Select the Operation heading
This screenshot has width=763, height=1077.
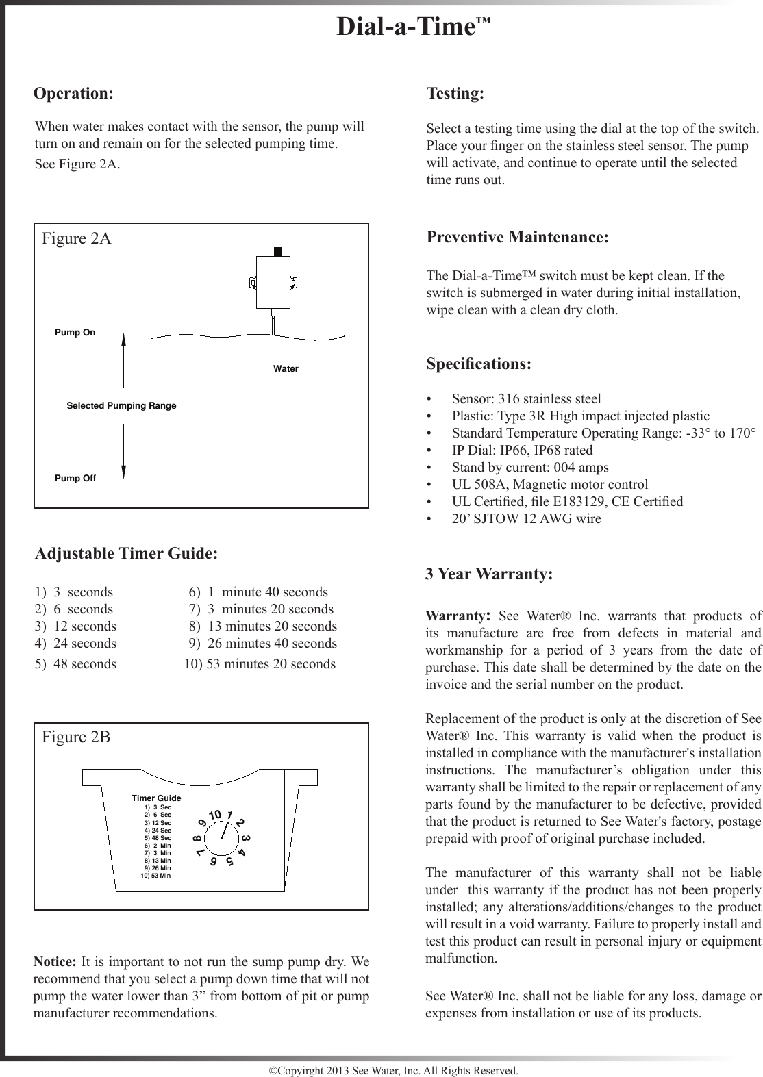(x=74, y=93)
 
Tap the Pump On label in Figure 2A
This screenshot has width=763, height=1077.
(x=75, y=333)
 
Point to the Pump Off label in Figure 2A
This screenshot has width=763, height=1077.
(x=75, y=478)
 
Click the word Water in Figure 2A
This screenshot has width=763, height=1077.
(x=286, y=369)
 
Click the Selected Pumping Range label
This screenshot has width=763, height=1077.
(x=121, y=406)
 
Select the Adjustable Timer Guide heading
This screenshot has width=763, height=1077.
(x=126, y=553)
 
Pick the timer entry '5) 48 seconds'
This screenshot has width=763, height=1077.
(x=75, y=663)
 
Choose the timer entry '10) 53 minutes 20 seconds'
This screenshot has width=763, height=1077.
(x=260, y=663)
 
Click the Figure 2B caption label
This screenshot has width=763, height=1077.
(x=76, y=737)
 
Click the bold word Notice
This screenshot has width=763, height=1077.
(x=54, y=961)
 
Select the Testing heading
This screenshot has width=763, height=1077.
(x=455, y=93)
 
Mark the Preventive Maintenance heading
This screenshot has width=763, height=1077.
(x=517, y=238)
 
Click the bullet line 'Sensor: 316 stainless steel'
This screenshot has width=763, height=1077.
(x=526, y=399)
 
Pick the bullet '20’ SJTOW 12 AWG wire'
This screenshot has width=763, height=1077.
(x=526, y=519)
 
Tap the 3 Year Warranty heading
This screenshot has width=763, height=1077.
(x=489, y=574)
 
